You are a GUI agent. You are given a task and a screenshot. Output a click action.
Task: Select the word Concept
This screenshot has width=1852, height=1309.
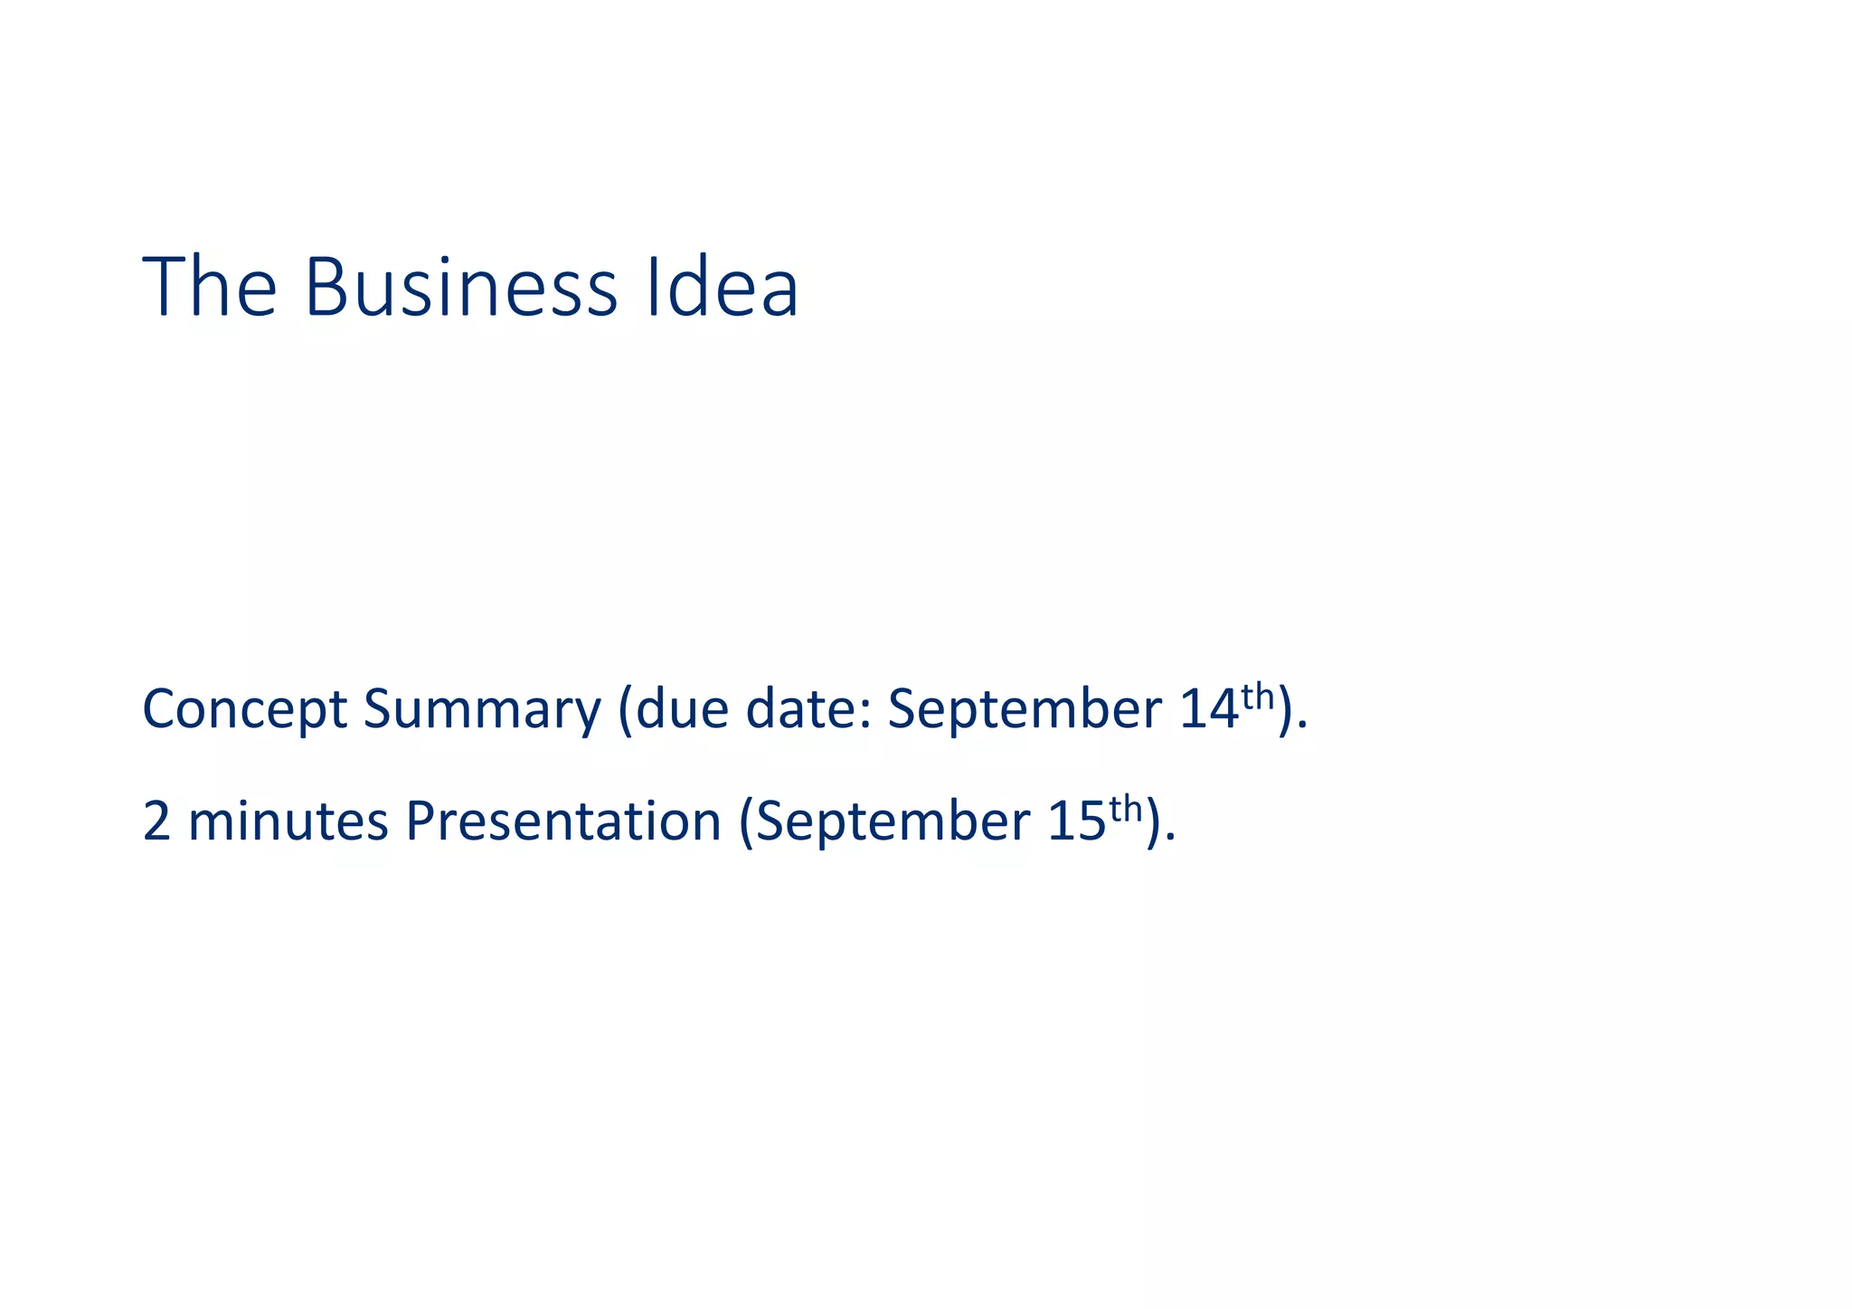tap(244, 710)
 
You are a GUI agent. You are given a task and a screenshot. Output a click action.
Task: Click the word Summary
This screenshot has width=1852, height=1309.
tap(482, 710)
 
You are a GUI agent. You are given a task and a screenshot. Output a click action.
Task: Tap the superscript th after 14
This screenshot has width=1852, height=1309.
tap(1257, 697)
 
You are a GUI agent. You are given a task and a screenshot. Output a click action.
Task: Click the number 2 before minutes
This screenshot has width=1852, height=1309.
tap(156, 821)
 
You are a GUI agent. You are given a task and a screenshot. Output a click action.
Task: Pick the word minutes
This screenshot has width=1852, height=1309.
tap(288, 821)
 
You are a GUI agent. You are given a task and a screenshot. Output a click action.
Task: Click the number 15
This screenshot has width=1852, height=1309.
tap(1077, 821)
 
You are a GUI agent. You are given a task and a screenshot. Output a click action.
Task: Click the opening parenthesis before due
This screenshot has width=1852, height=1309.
tap(625, 710)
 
